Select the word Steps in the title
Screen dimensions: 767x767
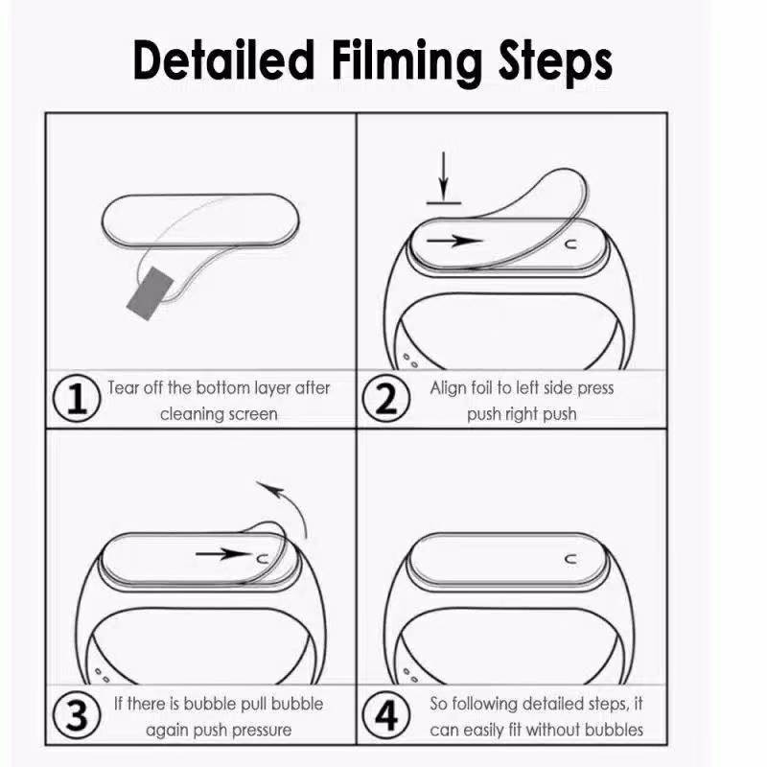tap(555, 61)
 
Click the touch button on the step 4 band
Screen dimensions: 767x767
tap(571, 557)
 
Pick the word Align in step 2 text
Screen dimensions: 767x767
tap(450, 388)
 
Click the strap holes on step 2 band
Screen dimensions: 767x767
tap(411, 360)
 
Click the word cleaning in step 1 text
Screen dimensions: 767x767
tap(192, 414)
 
